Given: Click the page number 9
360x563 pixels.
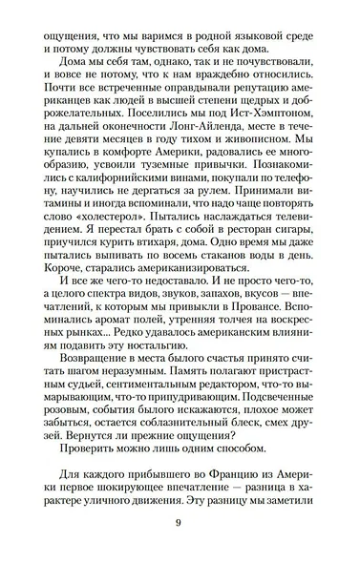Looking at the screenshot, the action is tap(180, 522).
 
